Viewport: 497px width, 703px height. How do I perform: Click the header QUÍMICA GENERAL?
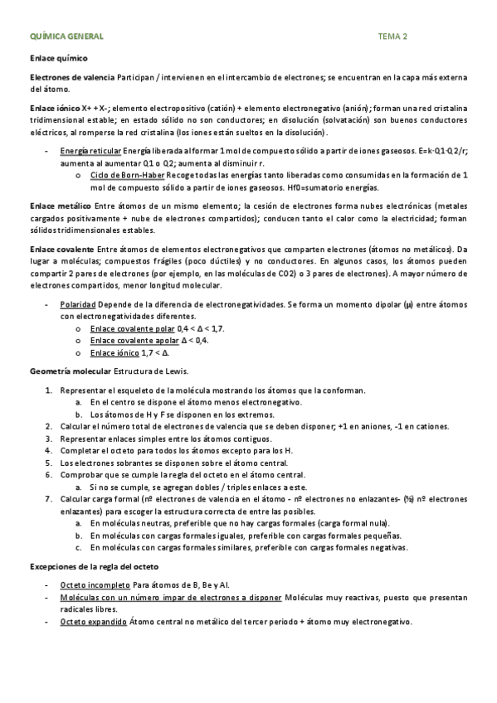[x=66, y=37]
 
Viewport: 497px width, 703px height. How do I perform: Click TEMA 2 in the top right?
[x=392, y=37]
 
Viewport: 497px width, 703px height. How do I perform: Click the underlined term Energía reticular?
[x=90, y=152]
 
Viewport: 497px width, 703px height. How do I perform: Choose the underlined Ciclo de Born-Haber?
[x=127, y=175]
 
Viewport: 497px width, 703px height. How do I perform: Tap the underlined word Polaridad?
[x=78, y=305]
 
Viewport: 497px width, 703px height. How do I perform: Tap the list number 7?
[x=49, y=498]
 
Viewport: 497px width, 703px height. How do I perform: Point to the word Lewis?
[x=176, y=370]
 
